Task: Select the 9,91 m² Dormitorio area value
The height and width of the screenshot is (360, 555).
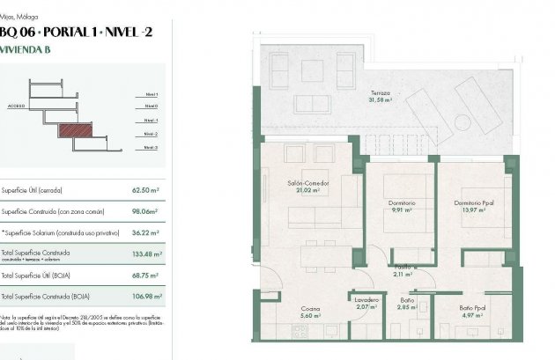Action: click(x=401, y=210)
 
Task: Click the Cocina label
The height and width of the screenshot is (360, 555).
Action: click(x=309, y=308)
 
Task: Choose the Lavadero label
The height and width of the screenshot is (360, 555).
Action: click(x=366, y=299)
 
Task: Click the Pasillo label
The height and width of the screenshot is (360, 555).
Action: click(x=403, y=266)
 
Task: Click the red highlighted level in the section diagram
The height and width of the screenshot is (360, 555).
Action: click(x=75, y=130)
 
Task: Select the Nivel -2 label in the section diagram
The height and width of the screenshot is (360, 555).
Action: click(x=151, y=134)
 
